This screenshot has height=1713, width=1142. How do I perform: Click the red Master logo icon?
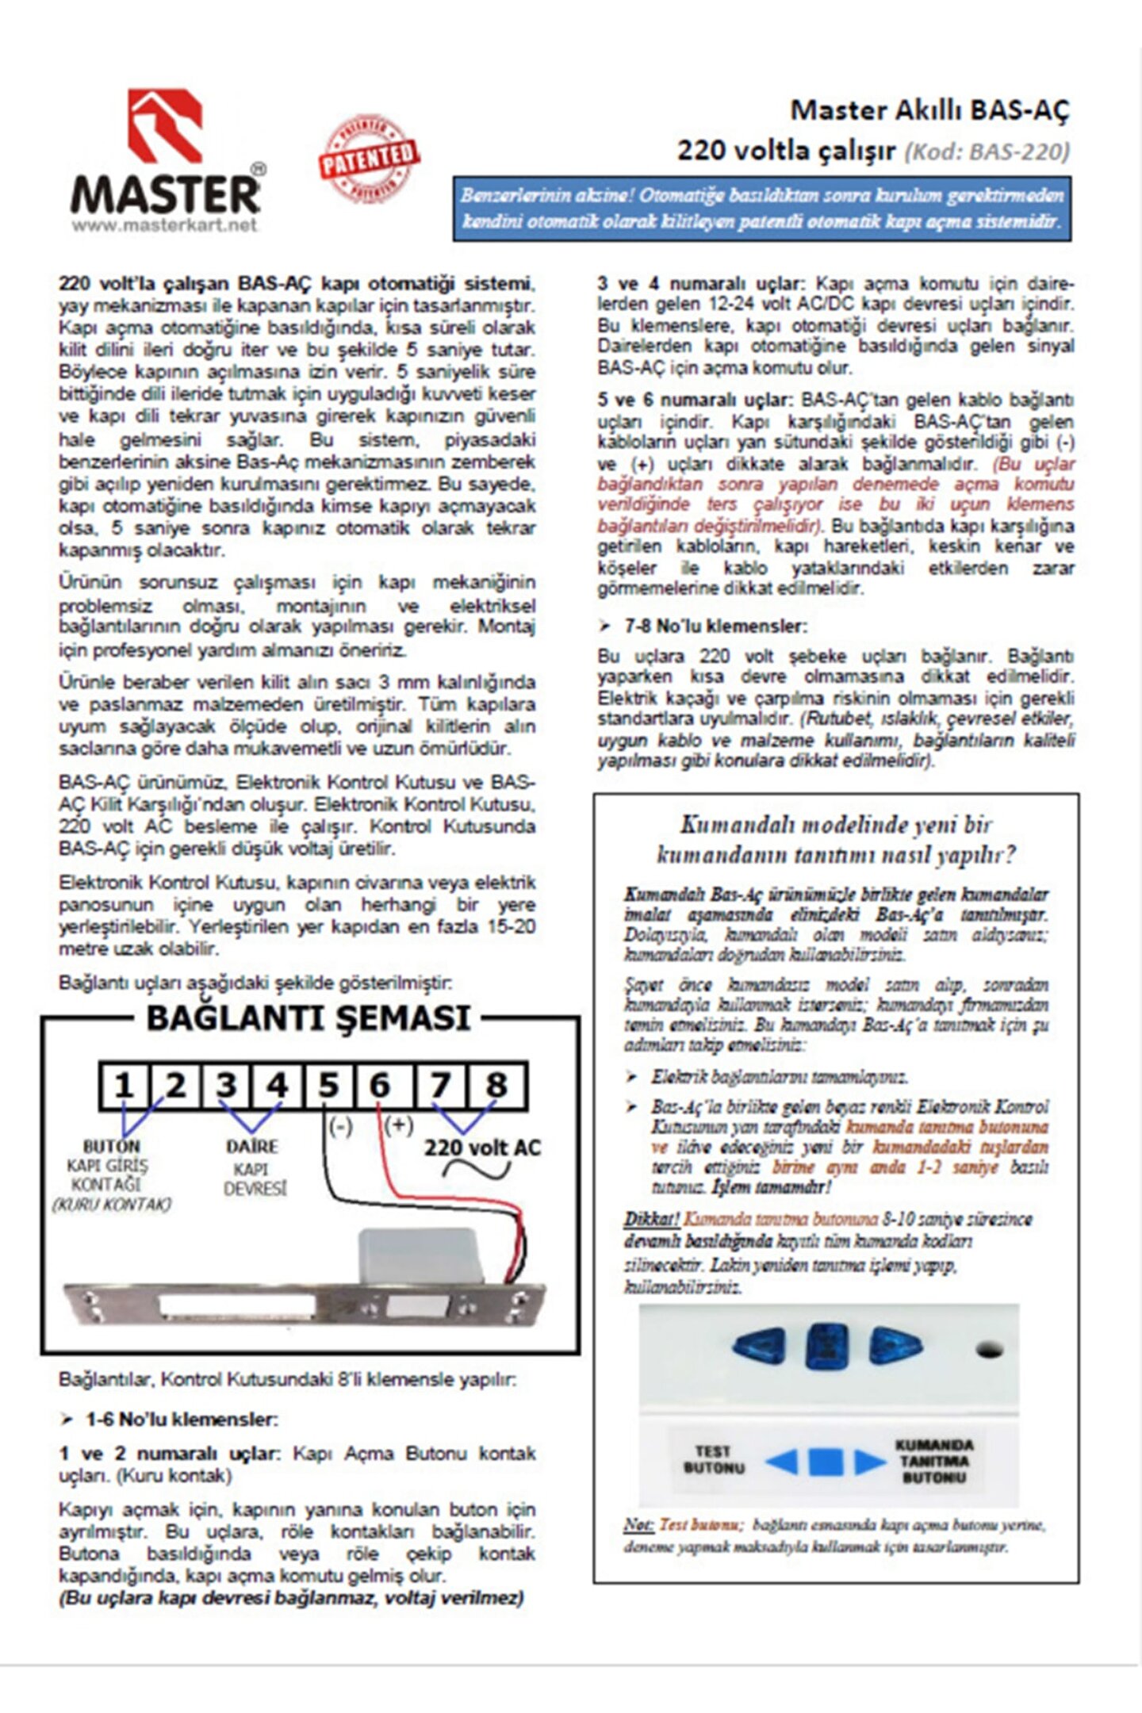165,126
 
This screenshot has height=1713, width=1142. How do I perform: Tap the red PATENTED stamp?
369,158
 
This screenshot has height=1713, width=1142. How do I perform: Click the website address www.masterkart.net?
165,225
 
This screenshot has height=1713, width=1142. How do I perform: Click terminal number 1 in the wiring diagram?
124,1086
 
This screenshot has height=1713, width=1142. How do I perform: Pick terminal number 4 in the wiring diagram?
277,1086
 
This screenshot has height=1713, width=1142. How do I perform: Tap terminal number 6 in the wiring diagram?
380,1086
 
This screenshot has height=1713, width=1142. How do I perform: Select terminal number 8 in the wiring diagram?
496,1086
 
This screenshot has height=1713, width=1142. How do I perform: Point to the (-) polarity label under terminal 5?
340,1127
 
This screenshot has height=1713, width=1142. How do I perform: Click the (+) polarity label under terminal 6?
398,1125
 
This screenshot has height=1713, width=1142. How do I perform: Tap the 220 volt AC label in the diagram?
481,1148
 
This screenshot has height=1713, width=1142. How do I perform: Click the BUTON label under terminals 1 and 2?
111,1147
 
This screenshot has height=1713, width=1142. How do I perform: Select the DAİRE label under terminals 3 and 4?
252,1147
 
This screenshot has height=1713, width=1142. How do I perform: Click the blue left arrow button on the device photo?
760,1346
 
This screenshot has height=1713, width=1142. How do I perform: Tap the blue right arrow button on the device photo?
895,1346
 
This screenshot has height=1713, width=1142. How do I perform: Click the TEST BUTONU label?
714,1459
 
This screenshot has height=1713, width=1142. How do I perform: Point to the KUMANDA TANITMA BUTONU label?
934,1461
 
